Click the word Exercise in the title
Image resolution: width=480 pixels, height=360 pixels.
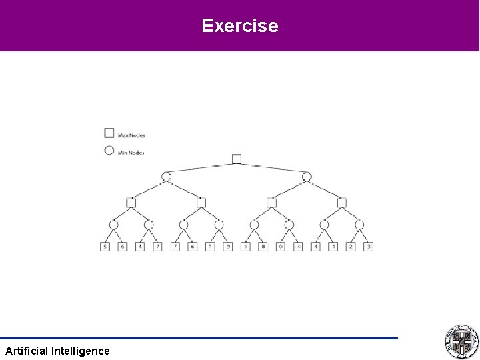240,26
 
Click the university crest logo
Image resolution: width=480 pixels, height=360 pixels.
461,342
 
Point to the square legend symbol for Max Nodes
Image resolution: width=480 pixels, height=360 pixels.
109,133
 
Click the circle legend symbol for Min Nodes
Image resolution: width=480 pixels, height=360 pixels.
109,151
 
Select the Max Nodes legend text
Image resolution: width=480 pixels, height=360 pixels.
131,135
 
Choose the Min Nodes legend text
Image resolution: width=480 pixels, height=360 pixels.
131,153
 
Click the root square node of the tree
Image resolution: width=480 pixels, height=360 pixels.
237,159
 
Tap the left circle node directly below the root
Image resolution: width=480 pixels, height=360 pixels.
166,177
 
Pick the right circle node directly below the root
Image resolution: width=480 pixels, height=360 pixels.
307,177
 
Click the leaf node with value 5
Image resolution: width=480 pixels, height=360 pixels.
105,247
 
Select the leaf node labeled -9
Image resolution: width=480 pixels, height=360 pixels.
228,247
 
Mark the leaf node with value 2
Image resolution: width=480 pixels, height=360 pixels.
351,247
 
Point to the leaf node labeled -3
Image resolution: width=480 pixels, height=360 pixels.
368,247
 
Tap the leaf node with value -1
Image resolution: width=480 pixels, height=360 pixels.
333,247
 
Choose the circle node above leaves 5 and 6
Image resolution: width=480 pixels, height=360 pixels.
113,225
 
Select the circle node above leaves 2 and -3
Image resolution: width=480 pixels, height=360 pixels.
359,225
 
